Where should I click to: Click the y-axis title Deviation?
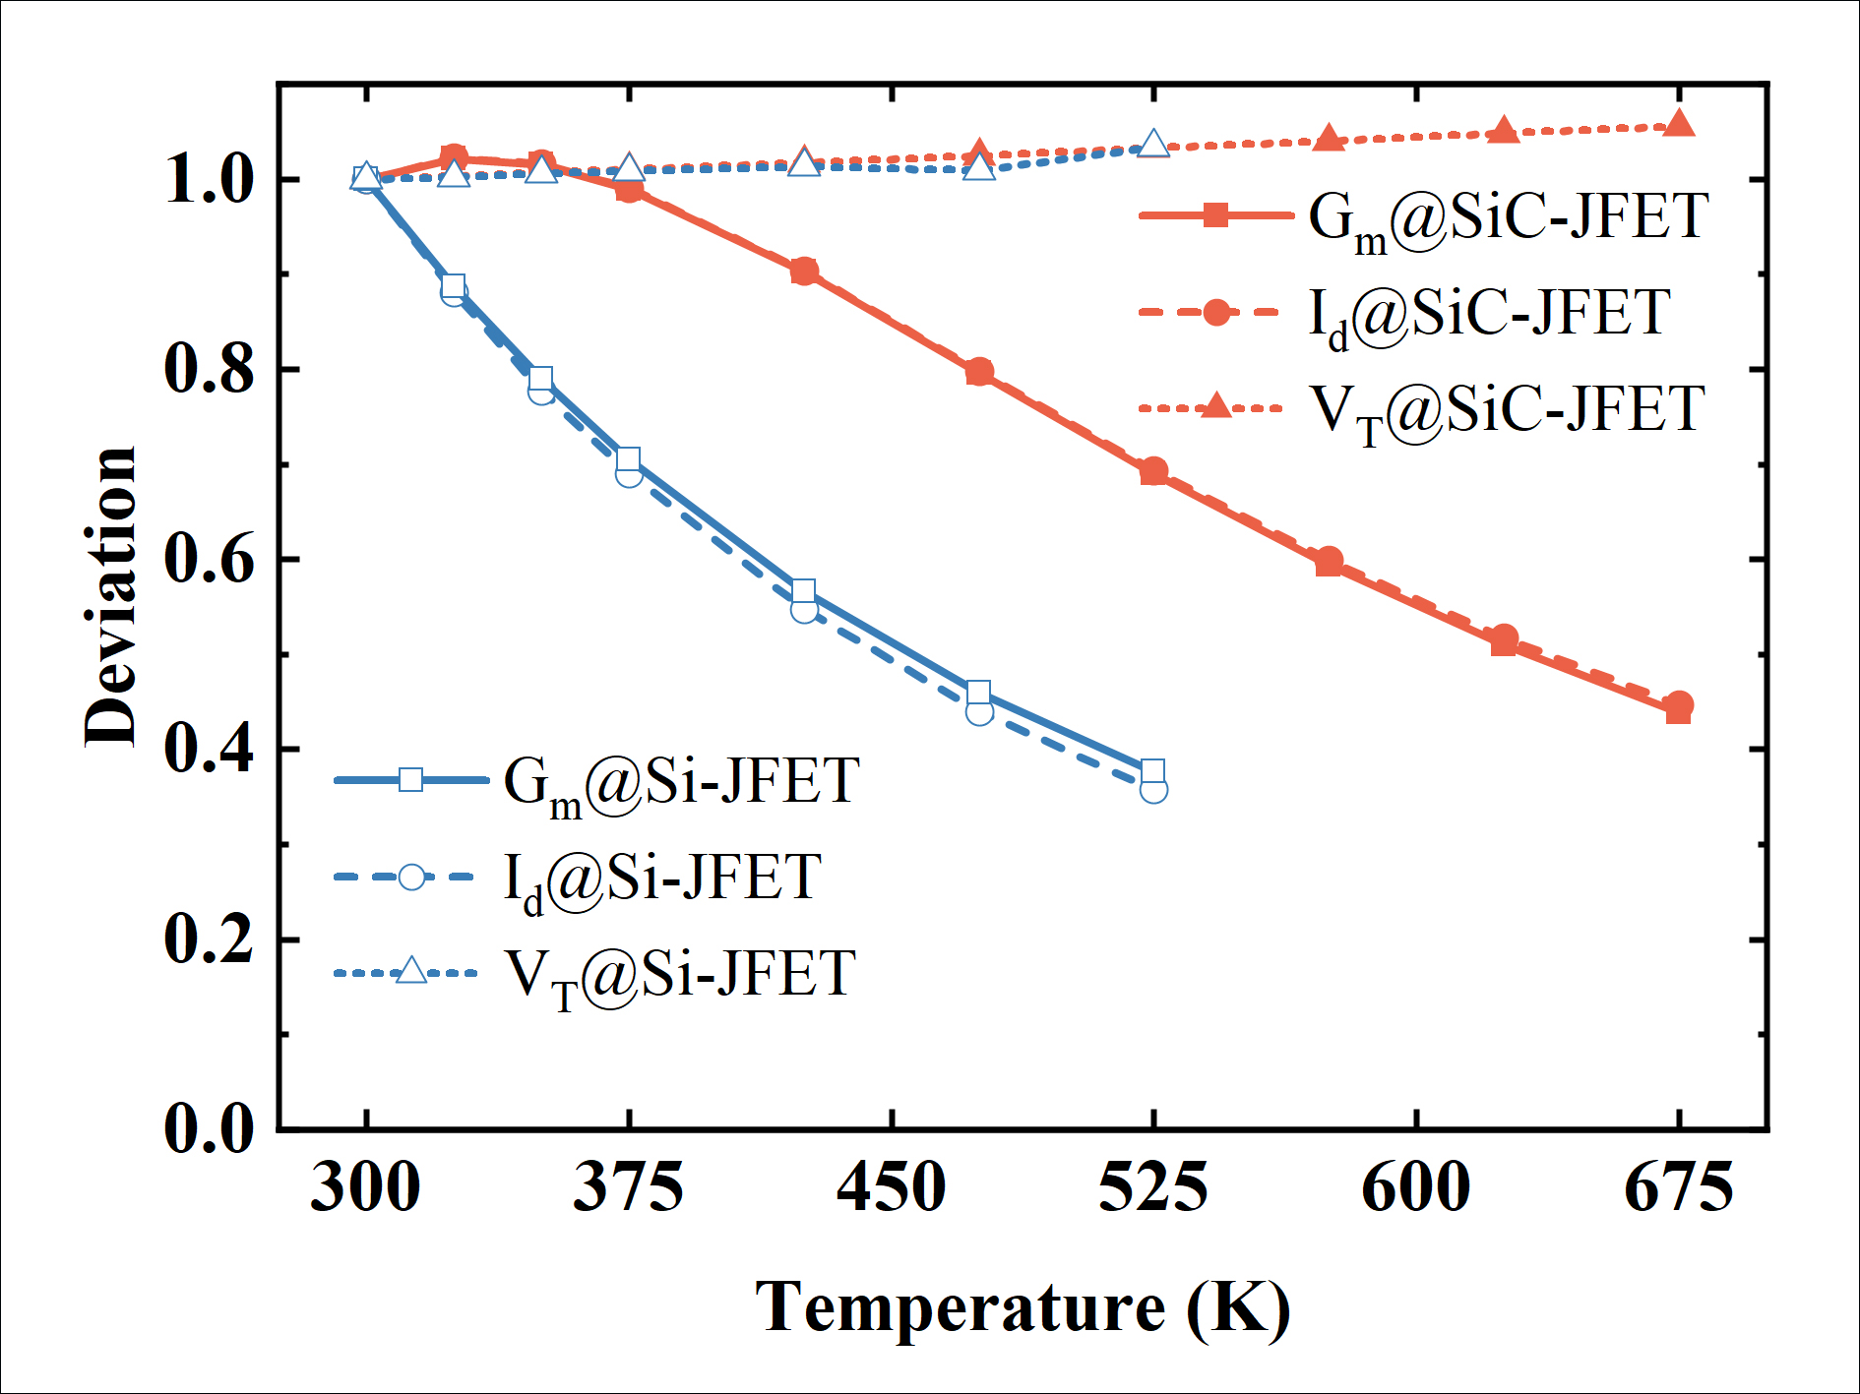point(110,596)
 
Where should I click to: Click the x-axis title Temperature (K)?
point(1023,1308)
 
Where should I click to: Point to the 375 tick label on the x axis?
point(628,1187)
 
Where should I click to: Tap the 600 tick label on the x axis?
point(1415,1187)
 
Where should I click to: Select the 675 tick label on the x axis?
point(1678,1187)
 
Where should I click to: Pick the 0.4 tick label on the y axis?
point(209,750)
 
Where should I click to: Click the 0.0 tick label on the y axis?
point(209,1128)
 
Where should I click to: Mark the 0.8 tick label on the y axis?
point(209,370)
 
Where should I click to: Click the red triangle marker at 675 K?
point(1679,124)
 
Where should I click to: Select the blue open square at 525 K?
point(1153,770)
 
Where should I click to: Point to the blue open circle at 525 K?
point(1153,790)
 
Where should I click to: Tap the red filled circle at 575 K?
point(1329,561)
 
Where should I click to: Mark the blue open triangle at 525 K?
point(1153,145)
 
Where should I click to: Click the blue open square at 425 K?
point(803,591)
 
